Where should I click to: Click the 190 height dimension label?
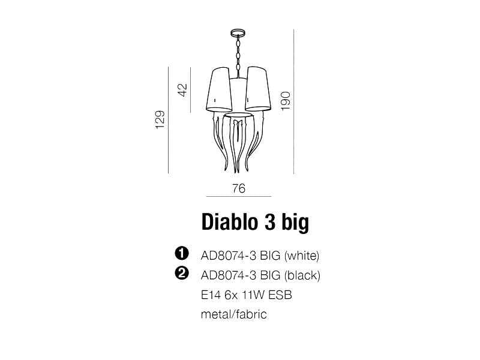pyautogui.click(x=286, y=101)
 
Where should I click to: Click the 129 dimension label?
pyautogui.click(x=160, y=119)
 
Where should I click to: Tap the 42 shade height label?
pyautogui.click(x=182, y=89)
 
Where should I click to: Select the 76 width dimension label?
pyautogui.click(x=239, y=188)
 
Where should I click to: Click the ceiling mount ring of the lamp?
pyautogui.click(x=238, y=32)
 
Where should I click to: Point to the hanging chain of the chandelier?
pyautogui.click(x=238, y=53)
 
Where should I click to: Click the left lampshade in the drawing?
pyautogui.click(x=218, y=89)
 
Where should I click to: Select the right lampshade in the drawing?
pyautogui.click(x=258, y=89)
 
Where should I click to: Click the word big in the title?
pyautogui.click(x=295, y=223)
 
